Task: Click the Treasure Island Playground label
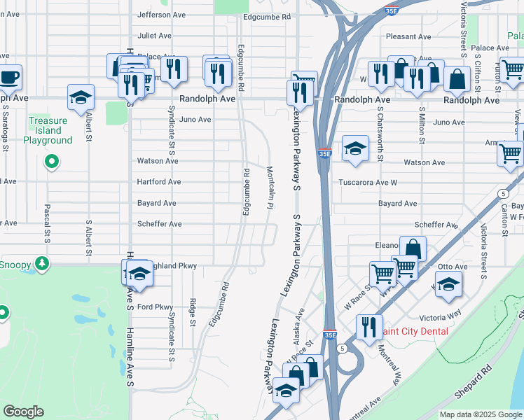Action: tap(48, 130)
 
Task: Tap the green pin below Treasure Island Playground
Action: tap(50, 163)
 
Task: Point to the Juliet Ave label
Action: tap(154, 35)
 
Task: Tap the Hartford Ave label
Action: tap(159, 182)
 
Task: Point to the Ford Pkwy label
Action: tap(155, 307)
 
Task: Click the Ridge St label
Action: tap(192, 312)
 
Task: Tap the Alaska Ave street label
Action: tap(299, 328)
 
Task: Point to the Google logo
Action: tap(24, 412)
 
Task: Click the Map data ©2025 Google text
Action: tap(481, 414)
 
